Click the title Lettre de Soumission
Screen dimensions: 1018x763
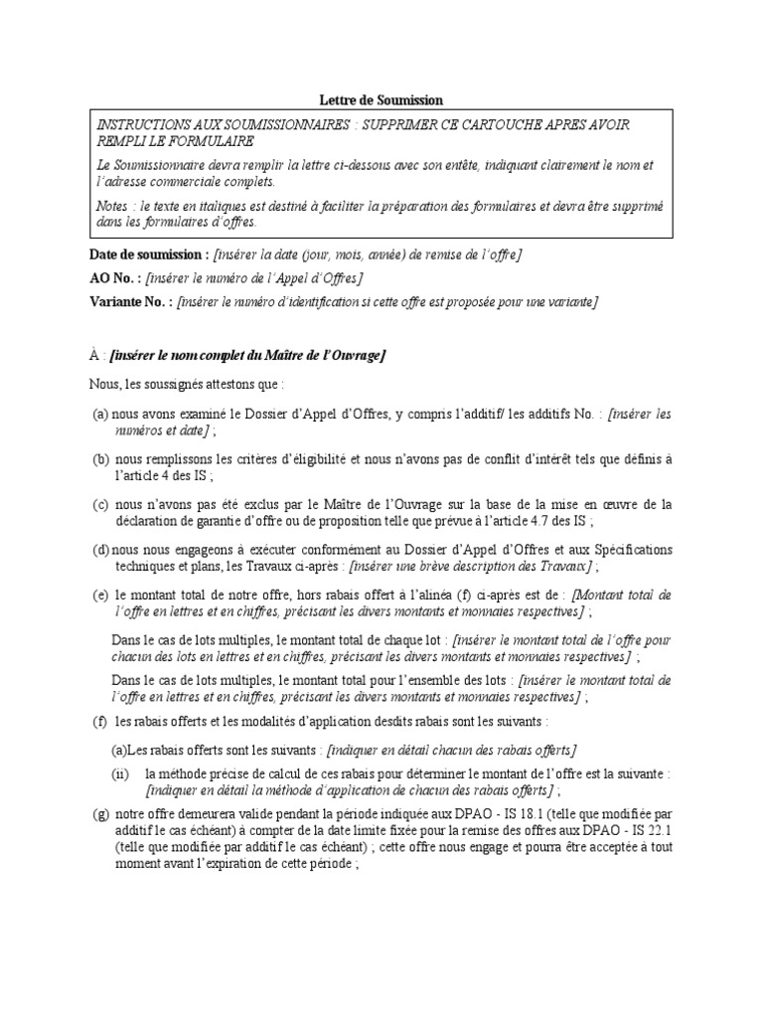click(381, 100)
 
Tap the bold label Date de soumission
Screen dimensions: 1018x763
click(149, 255)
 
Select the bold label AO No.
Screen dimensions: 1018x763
click(116, 277)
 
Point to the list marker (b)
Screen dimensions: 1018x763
click(100, 458)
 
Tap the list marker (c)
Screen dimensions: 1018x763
click(100, 504)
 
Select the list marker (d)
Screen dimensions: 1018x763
click(100, 550)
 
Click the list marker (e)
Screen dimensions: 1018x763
click(100, 594)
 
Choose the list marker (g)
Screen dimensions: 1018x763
click(100, 815)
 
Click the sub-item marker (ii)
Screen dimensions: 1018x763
click(119, 772)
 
